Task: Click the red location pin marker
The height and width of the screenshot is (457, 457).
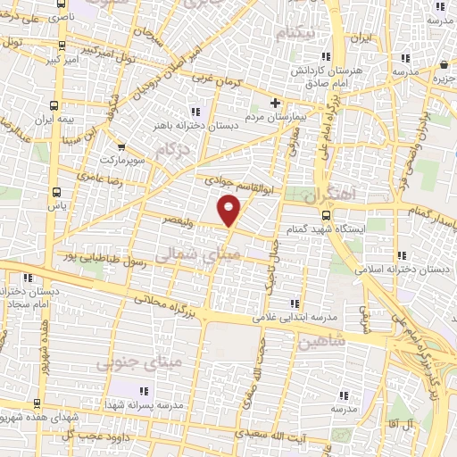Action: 230,212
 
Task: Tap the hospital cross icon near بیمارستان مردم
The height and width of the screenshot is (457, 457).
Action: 276,103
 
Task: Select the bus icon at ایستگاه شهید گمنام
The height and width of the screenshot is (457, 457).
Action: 325,214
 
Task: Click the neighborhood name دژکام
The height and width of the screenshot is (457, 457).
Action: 172,153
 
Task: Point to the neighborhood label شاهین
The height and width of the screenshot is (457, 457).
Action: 322,341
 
